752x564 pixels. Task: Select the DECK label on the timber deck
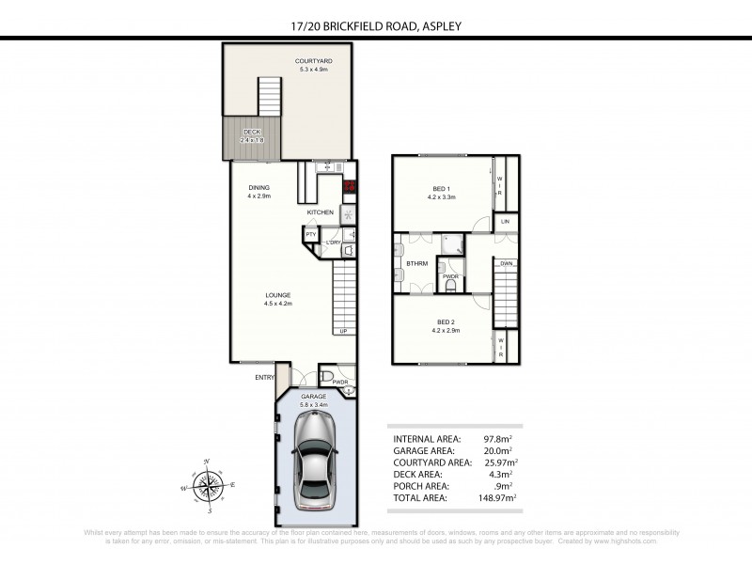[x=252, y=133]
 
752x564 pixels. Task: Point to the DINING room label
[x=259, y=187]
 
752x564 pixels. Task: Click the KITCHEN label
[x=321, y=212]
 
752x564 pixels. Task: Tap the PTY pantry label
[x=310, y=233]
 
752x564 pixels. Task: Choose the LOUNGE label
[x=277, y=295]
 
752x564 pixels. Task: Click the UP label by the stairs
[x=343, y=331]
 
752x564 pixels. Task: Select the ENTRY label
[x=264, y=378]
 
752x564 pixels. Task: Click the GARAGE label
[x=313, y=397]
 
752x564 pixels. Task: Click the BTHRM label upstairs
[x=417, y=264]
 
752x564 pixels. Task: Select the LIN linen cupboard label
[x=505, y=221]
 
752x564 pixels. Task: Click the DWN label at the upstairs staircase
[x=506, y=264]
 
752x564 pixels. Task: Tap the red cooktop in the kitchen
[x=350, y=186]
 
